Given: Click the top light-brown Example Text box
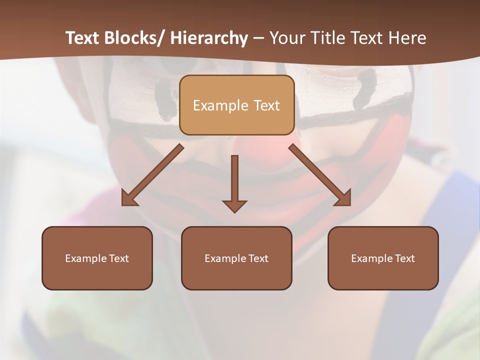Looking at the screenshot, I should pos(236,105).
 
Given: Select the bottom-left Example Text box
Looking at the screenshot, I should pos(97,258).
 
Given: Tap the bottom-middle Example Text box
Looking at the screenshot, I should pos(236,258).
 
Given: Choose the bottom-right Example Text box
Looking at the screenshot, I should pos(383,258).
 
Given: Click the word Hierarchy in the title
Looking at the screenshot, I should pos(209,38).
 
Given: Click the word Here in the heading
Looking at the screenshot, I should pos(407,38).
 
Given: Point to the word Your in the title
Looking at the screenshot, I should pos(288,38).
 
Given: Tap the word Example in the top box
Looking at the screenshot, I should pos(220,105).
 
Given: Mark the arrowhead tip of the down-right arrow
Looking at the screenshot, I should pos(350,205).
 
